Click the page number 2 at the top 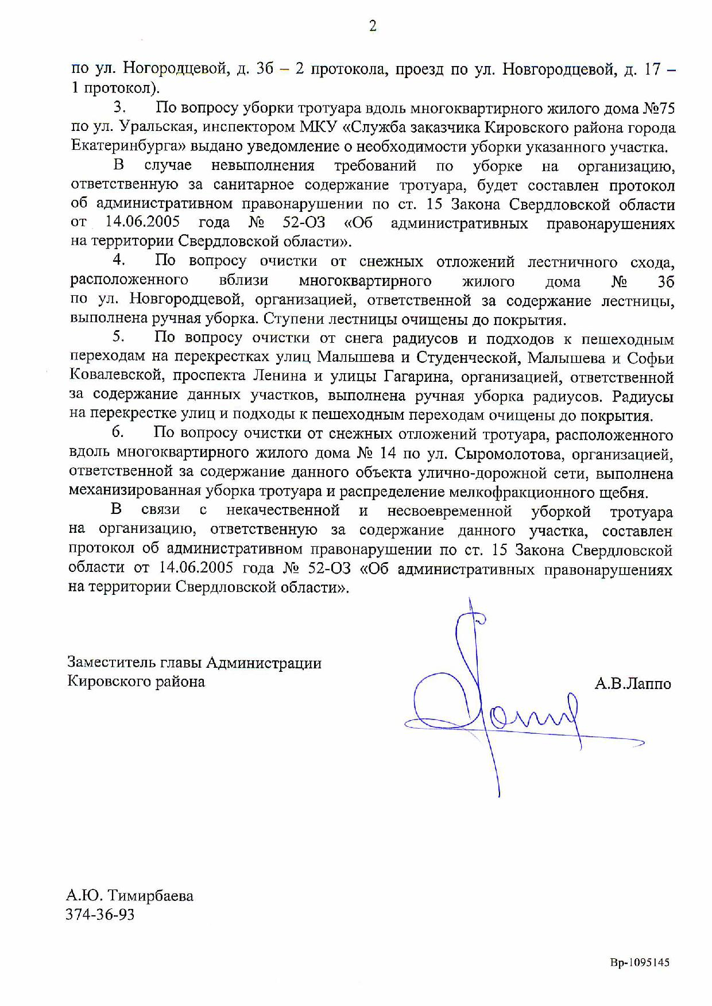coord(373,26)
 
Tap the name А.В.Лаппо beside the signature coord(633,683)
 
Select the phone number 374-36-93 coord(100,914)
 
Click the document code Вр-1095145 coord(640,963)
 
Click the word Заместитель coord(104,663)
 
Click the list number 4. coord(118,260)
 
